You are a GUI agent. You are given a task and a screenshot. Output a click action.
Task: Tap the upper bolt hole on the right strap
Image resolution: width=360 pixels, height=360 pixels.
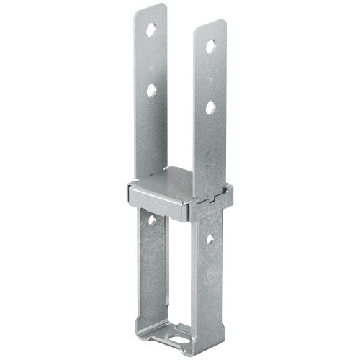pos(210,48)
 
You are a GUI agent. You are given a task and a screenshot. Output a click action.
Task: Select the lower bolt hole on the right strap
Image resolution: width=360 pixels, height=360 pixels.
pos(210,109)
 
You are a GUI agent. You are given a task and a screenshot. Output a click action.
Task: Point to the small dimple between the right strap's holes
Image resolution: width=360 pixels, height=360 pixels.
pos(210,78)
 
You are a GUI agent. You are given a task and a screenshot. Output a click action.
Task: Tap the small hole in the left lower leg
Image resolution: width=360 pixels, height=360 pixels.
pos(152,218)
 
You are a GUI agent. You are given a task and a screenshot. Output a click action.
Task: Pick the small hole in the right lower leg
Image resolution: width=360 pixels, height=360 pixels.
pos(208,238)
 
